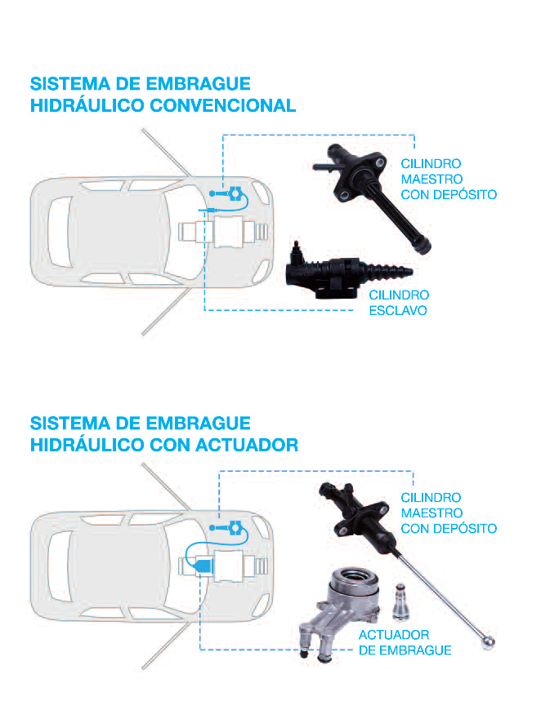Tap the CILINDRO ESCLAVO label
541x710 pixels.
click(x=398, y=303)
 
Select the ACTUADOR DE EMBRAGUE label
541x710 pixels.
click(x=405, y=642)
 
